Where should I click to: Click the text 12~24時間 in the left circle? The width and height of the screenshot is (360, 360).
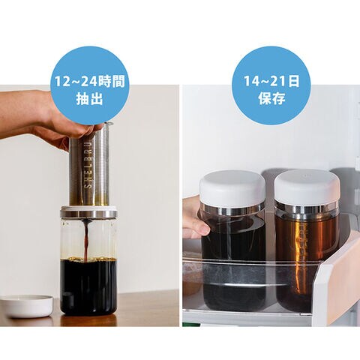point(89,81)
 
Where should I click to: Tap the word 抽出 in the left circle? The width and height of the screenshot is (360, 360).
point(89,98)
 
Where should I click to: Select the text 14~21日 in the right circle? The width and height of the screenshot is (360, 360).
point(271,81)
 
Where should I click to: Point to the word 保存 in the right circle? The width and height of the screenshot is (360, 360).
point(271,98)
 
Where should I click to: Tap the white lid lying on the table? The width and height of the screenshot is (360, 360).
point(27,306)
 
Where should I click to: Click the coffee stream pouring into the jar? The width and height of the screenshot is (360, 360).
point(87,239)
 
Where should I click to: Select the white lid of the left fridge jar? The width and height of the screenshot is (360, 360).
point(232,187)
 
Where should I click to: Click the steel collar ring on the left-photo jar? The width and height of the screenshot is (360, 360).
point(88,213)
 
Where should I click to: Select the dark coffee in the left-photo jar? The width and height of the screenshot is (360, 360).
point(88,287)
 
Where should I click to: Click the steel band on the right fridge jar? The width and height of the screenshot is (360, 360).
point(307,208)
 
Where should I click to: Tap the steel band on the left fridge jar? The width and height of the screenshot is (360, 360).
point(232,209)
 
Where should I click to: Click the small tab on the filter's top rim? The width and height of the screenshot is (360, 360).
point(108,124)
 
